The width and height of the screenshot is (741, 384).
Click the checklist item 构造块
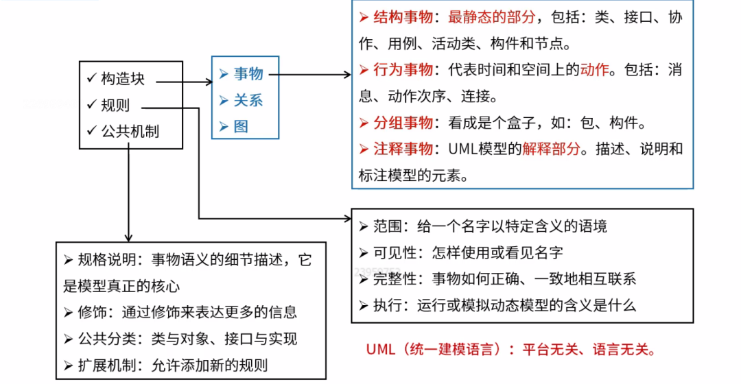(123, 79)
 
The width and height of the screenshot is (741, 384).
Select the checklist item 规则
(115, 106)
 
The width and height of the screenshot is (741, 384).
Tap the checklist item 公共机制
(130, 131)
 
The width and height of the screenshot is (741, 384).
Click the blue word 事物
(248, 74)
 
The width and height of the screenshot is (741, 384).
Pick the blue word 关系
(248, 100)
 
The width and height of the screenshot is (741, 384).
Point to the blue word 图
(241, 126)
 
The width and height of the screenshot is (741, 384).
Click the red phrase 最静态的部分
(491, 18)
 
